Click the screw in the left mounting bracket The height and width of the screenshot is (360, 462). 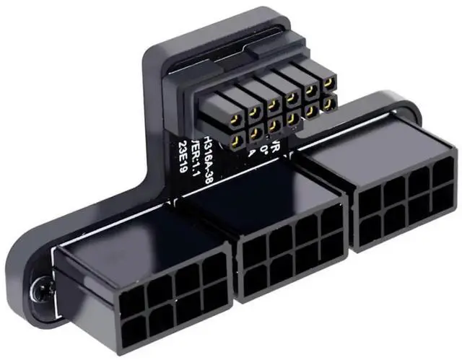[38, 291]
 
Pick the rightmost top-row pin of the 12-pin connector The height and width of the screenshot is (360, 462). [329, 86]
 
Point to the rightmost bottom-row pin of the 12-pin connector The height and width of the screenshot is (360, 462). [329, 107]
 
